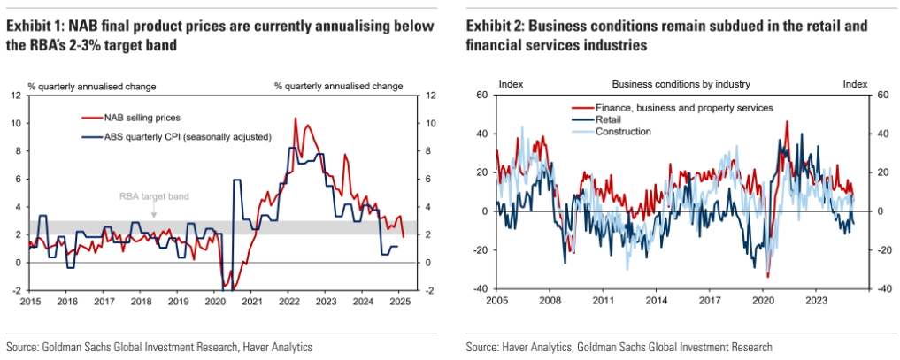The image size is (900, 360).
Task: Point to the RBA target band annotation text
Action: [x=154, y=197]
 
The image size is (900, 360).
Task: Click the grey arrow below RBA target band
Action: [x=154, y=212]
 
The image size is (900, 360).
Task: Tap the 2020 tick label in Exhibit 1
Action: [x=215, y=302]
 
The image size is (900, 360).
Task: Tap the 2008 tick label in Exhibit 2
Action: [x=551, y=302]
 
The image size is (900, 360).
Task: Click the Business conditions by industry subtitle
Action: [x=681, y=85]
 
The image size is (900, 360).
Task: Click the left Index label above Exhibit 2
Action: [x=511, y=85]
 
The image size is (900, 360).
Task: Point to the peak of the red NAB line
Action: [x=294, y=118]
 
